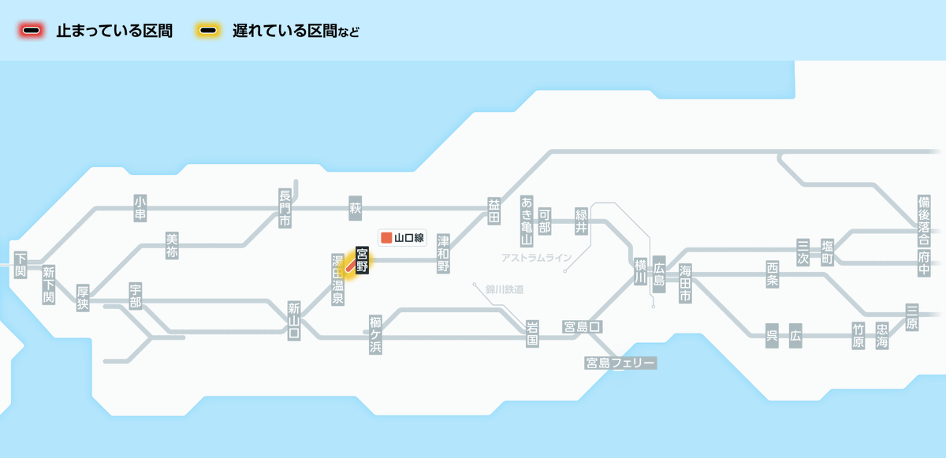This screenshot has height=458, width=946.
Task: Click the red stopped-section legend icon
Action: (x=32, y=31)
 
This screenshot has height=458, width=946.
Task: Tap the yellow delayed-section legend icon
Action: (x=208, y=31)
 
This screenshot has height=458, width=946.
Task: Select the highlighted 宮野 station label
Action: (x=362, y=260)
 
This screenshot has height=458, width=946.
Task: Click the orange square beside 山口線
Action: (x=386, y=237)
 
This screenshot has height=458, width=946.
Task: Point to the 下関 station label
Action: (x=20, y=265)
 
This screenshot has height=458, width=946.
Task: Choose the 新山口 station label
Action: (x=294, y=321)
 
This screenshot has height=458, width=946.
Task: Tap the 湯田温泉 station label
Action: (x=337, y=279)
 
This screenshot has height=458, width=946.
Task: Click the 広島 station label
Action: (x=659, y=274)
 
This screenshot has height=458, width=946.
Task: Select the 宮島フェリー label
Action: (x=620, y=363)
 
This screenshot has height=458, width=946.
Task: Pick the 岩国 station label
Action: (x=532, y=333)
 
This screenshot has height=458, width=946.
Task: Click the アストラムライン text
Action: (x=536, y=258)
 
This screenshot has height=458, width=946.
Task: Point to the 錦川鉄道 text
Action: (x=505, y=289)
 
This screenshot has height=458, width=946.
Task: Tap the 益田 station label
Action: (x=493, y=211)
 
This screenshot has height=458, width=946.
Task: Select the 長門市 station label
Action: (x=285, y=208)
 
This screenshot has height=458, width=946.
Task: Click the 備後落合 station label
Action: (x=924, y=221)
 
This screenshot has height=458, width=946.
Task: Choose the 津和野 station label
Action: (x=443, y=254)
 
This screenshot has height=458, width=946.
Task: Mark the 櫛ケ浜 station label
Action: (x=375, y=335)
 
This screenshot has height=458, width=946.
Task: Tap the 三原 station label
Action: (x=912, y=318)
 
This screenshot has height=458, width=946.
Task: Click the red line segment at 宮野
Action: (x=351, y=266)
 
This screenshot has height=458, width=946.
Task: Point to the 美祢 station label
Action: (x=172, y=246)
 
